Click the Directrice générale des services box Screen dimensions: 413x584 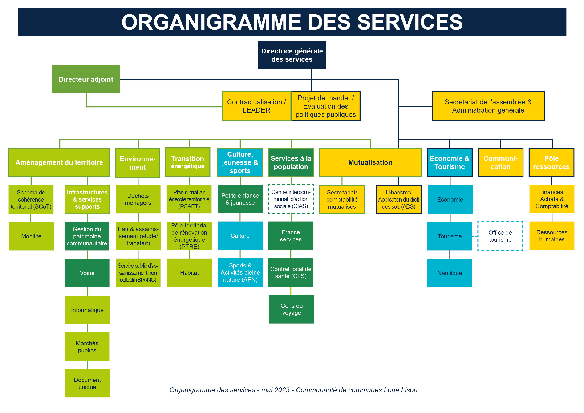point(292,55)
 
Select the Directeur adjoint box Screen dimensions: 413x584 point(86,79)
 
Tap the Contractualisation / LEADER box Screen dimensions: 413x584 point(256,106)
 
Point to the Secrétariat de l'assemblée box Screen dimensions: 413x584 point(488,106)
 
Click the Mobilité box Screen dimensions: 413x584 point(31,236)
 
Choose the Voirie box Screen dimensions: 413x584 point(87,273)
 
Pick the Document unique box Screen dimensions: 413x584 point(87,383)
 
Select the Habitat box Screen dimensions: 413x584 point(189,273)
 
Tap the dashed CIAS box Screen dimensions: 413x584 point(291,199)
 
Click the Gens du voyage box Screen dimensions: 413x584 point(292,309)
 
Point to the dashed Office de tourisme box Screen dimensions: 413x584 point(500,236)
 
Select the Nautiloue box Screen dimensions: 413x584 point(450,273)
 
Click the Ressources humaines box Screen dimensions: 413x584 point(552,236)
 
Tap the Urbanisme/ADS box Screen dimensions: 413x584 point(399,199)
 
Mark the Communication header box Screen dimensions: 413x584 point(500,162)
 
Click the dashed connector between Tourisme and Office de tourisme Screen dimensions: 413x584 point(475,236)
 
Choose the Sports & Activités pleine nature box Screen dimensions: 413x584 point(240,273)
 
